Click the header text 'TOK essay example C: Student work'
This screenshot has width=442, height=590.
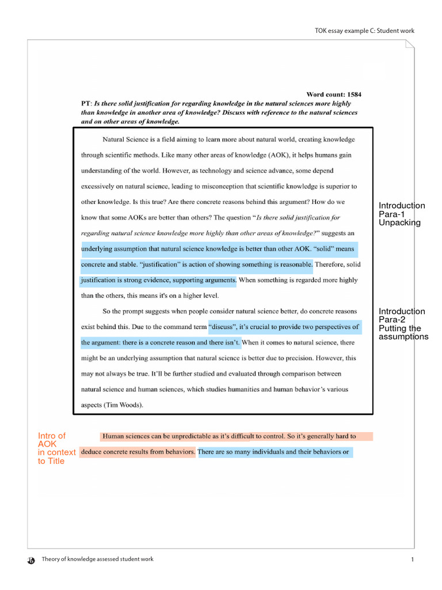tap(364, 31)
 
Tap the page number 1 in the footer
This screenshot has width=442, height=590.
tap(413, 559)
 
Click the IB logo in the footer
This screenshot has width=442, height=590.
tap(32, 560)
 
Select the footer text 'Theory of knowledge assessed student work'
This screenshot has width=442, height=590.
tap(97, 559)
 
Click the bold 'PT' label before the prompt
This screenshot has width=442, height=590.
tap(85, 104)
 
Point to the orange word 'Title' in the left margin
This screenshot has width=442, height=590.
tap(51, 461)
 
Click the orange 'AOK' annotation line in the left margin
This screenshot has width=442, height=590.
tap(47, 444)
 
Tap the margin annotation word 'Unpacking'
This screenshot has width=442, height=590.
tap(399, 223)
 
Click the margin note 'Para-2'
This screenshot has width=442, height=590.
tap(391, 320)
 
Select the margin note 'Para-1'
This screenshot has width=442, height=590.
tap(391, 214)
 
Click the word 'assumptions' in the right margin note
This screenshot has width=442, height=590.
tap(403, 337)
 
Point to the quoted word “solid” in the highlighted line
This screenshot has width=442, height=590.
tap(325, 249)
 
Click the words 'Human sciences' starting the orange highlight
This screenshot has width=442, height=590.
tap(126, 436)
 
